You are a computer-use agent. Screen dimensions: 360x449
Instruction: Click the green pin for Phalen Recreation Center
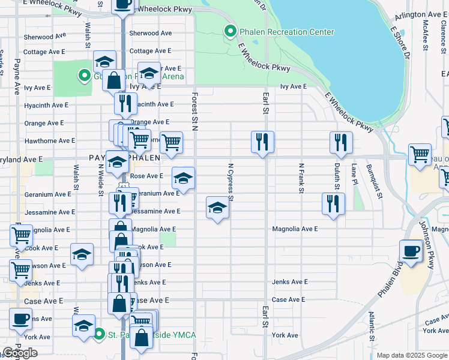coord(229,31)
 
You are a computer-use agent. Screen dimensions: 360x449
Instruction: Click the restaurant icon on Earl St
coord(262,142)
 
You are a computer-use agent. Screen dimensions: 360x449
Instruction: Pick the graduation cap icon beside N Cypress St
coord(217,208)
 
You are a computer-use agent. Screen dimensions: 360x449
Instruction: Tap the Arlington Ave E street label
coord(420,14)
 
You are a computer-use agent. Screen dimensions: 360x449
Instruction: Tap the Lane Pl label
coord(354,174)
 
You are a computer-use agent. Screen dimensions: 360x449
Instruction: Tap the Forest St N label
coord(194,111)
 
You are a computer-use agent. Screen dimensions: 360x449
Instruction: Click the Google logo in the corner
coord(20,353)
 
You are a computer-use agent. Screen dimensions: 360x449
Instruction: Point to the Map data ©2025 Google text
coord(412,355)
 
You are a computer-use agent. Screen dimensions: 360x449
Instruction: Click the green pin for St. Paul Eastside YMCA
coord(99,334)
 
